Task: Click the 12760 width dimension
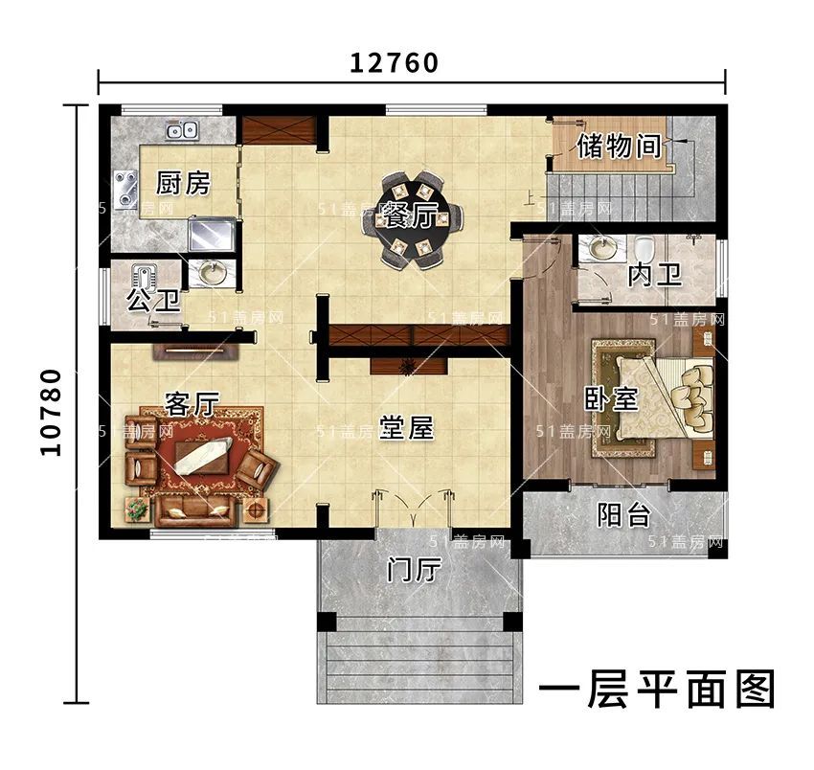coord(394,63)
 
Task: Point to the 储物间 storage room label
coord(620,147)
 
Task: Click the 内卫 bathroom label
coord(655,276)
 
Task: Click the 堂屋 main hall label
coord(407,428)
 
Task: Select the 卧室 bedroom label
coord(611,397)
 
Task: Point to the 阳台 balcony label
coord(624,515)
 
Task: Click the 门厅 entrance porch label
coord(414,571)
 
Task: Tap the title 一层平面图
coord(657,690)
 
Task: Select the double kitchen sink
coord(182,130)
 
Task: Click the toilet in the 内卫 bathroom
coord(644,250)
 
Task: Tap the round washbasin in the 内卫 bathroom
coord(603,249)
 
